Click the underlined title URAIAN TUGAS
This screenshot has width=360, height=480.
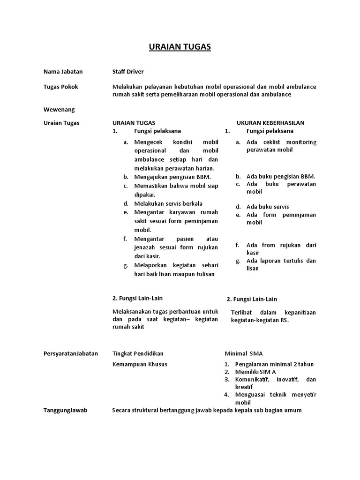[180, 47]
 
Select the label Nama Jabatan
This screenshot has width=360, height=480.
[63, 72]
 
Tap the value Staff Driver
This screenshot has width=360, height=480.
[128, 72]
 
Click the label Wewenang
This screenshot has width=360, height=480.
[59, 109]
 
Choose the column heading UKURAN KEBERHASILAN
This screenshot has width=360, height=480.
[270, 123]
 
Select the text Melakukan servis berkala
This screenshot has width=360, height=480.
[168, 204]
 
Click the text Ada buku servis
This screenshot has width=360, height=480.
[268, 207]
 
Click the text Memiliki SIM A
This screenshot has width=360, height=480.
[255, 372]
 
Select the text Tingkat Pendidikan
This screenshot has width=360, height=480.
[138, 353]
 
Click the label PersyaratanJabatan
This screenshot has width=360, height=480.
[71, 353]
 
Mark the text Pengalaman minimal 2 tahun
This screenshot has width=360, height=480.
[274, 364]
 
